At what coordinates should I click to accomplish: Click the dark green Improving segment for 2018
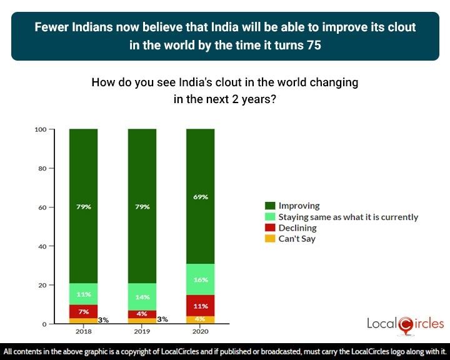coord(83,206)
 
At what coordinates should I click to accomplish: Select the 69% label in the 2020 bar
coord(201,196)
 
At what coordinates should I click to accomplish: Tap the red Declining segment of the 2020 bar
coord(201,306)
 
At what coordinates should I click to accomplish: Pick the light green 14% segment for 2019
coord(142,297)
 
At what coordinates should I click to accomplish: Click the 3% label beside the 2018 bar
coord(103,320)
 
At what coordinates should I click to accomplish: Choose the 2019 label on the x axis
coord(142,333)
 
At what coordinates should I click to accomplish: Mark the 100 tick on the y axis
coord(41,129)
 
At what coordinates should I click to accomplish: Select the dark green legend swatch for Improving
coord(270,206)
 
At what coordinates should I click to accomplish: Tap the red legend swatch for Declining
coord(270,228)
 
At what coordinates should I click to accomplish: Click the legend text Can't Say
coord(297,239)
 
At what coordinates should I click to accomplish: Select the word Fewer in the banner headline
coord(51,28)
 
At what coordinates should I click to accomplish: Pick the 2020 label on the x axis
coord(201,333)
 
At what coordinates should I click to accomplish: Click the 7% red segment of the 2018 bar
coord(83,311)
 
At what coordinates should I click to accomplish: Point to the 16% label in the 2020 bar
coord(201,281)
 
